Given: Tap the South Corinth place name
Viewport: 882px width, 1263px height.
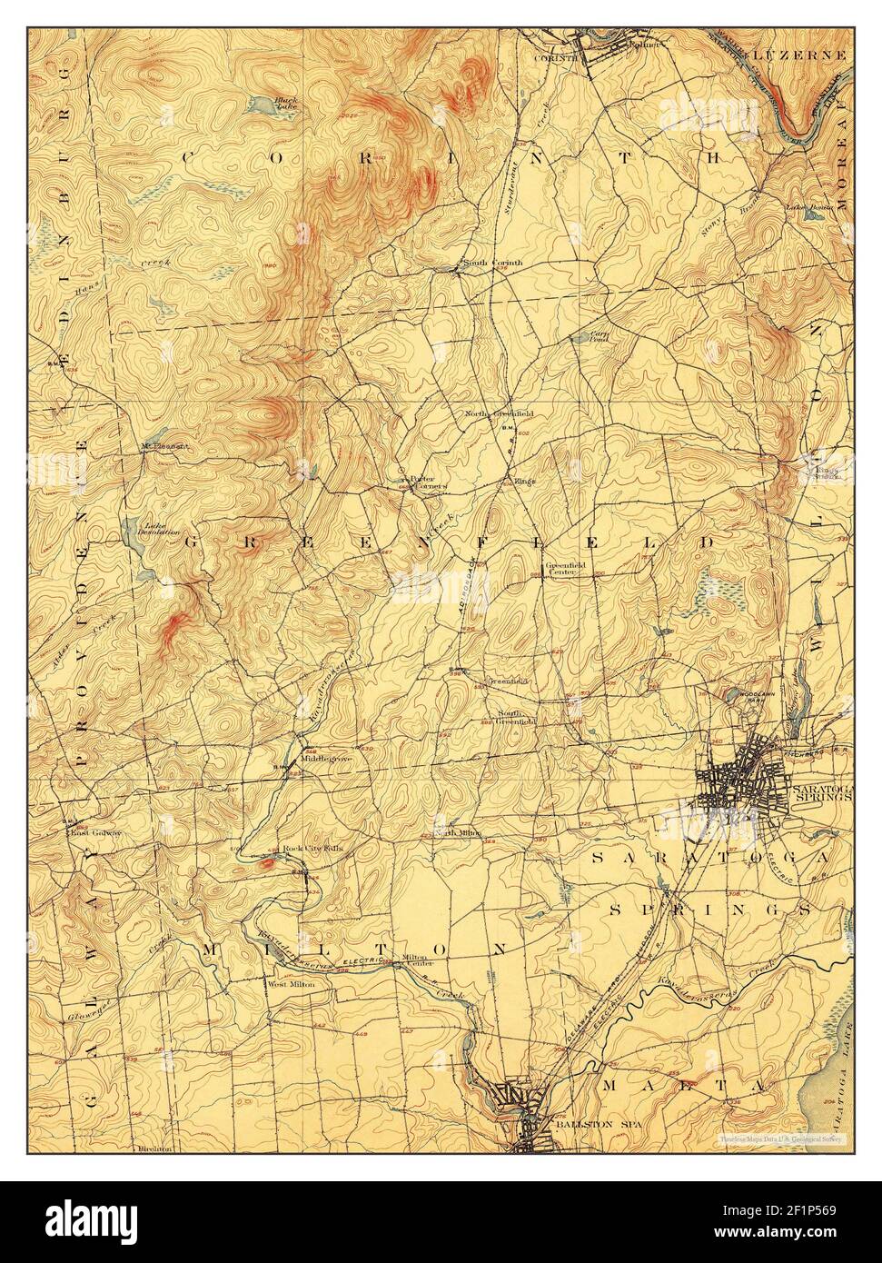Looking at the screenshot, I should click(x=493, y=264).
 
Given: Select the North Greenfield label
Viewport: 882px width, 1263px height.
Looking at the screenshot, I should click(x=499, y=414).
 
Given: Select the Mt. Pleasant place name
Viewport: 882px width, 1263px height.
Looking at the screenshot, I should click(x=164, y=446).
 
